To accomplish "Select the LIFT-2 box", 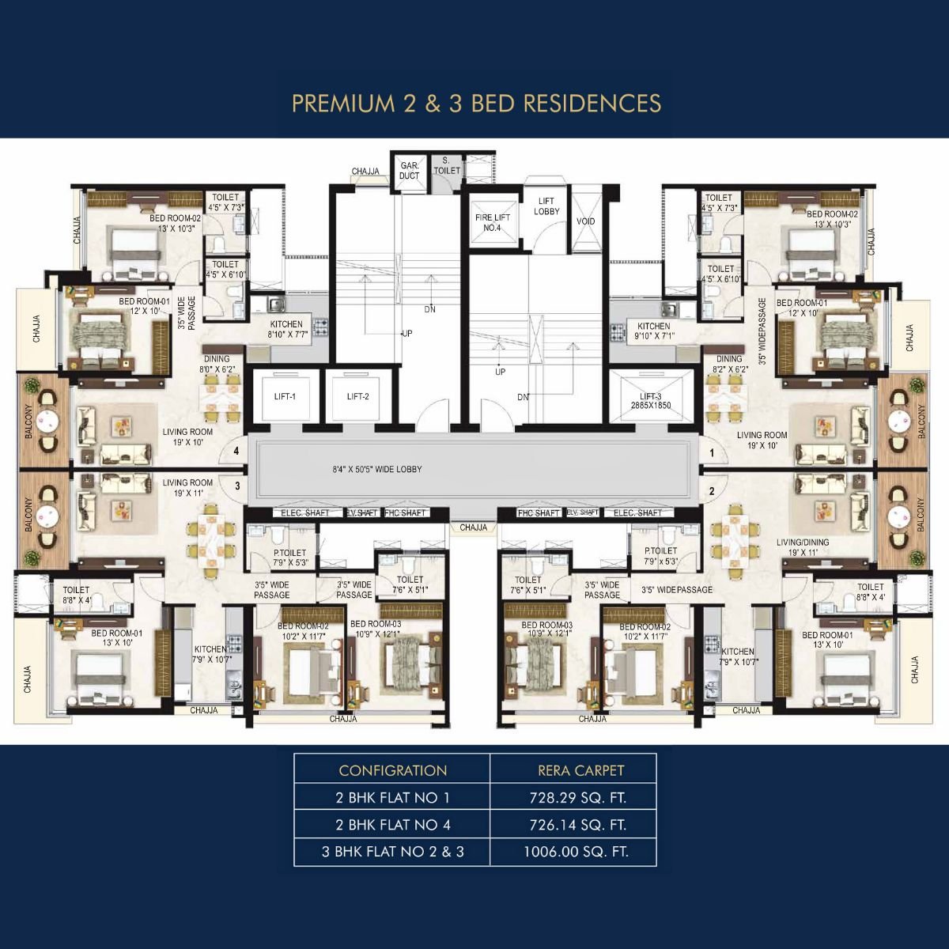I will coord(357,397).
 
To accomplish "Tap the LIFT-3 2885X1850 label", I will coord(650,401).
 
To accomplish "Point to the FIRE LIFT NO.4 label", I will coord(492,222).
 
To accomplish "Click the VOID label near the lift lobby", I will coord(585,221).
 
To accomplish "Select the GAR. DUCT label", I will coord(409,171).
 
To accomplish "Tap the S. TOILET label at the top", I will coord(446,165).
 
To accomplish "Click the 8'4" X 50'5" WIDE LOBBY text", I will coord(377,470).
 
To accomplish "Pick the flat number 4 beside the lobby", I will coord(236,452).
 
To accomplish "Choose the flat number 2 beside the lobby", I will coord(712,491).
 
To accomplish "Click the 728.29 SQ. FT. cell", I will coord(577,798).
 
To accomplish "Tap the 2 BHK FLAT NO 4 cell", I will coord(393,825).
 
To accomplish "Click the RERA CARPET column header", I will coord(580,770).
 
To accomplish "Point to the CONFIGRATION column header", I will coord(393,770).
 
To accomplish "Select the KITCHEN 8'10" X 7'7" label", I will coord(286,329).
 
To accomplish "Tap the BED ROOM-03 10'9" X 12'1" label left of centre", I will coord(376,630).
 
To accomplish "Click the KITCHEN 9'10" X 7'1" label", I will coord(653,331).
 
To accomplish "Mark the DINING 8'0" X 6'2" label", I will coord(217,364).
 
